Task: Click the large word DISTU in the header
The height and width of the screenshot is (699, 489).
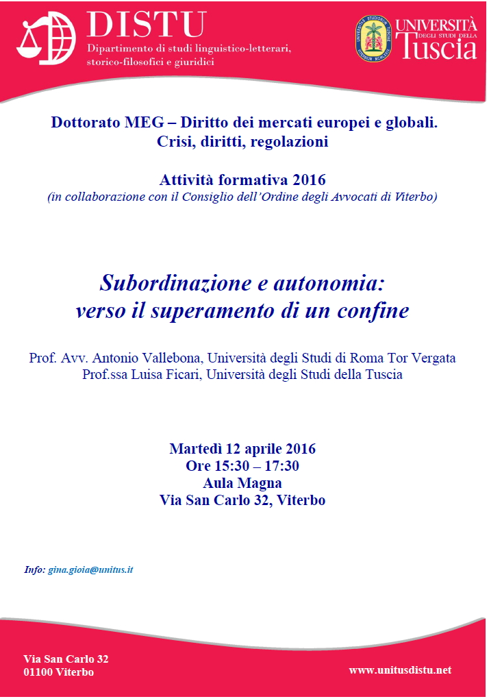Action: (x=146, y=25)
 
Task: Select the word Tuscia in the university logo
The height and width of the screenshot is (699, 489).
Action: (x=437, y=47)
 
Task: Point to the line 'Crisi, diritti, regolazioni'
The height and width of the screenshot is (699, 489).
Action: (x=243, y=143)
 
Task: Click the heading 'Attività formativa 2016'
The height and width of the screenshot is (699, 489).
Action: (x=243, y=180)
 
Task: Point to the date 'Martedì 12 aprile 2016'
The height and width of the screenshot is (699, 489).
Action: (x=242, y=450)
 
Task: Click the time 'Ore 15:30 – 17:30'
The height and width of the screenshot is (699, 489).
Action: (x=242, y=467)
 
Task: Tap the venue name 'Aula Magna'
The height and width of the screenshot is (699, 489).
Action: (x=242, y=483)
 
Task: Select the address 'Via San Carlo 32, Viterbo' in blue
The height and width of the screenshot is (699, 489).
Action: (x=242, y=500)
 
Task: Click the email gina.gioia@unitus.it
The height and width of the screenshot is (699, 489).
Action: (x=90, y=569)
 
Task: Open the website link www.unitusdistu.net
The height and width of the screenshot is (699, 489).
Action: (x=400, y=670)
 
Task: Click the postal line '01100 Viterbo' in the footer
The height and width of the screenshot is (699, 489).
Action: (x=59, y=672)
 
